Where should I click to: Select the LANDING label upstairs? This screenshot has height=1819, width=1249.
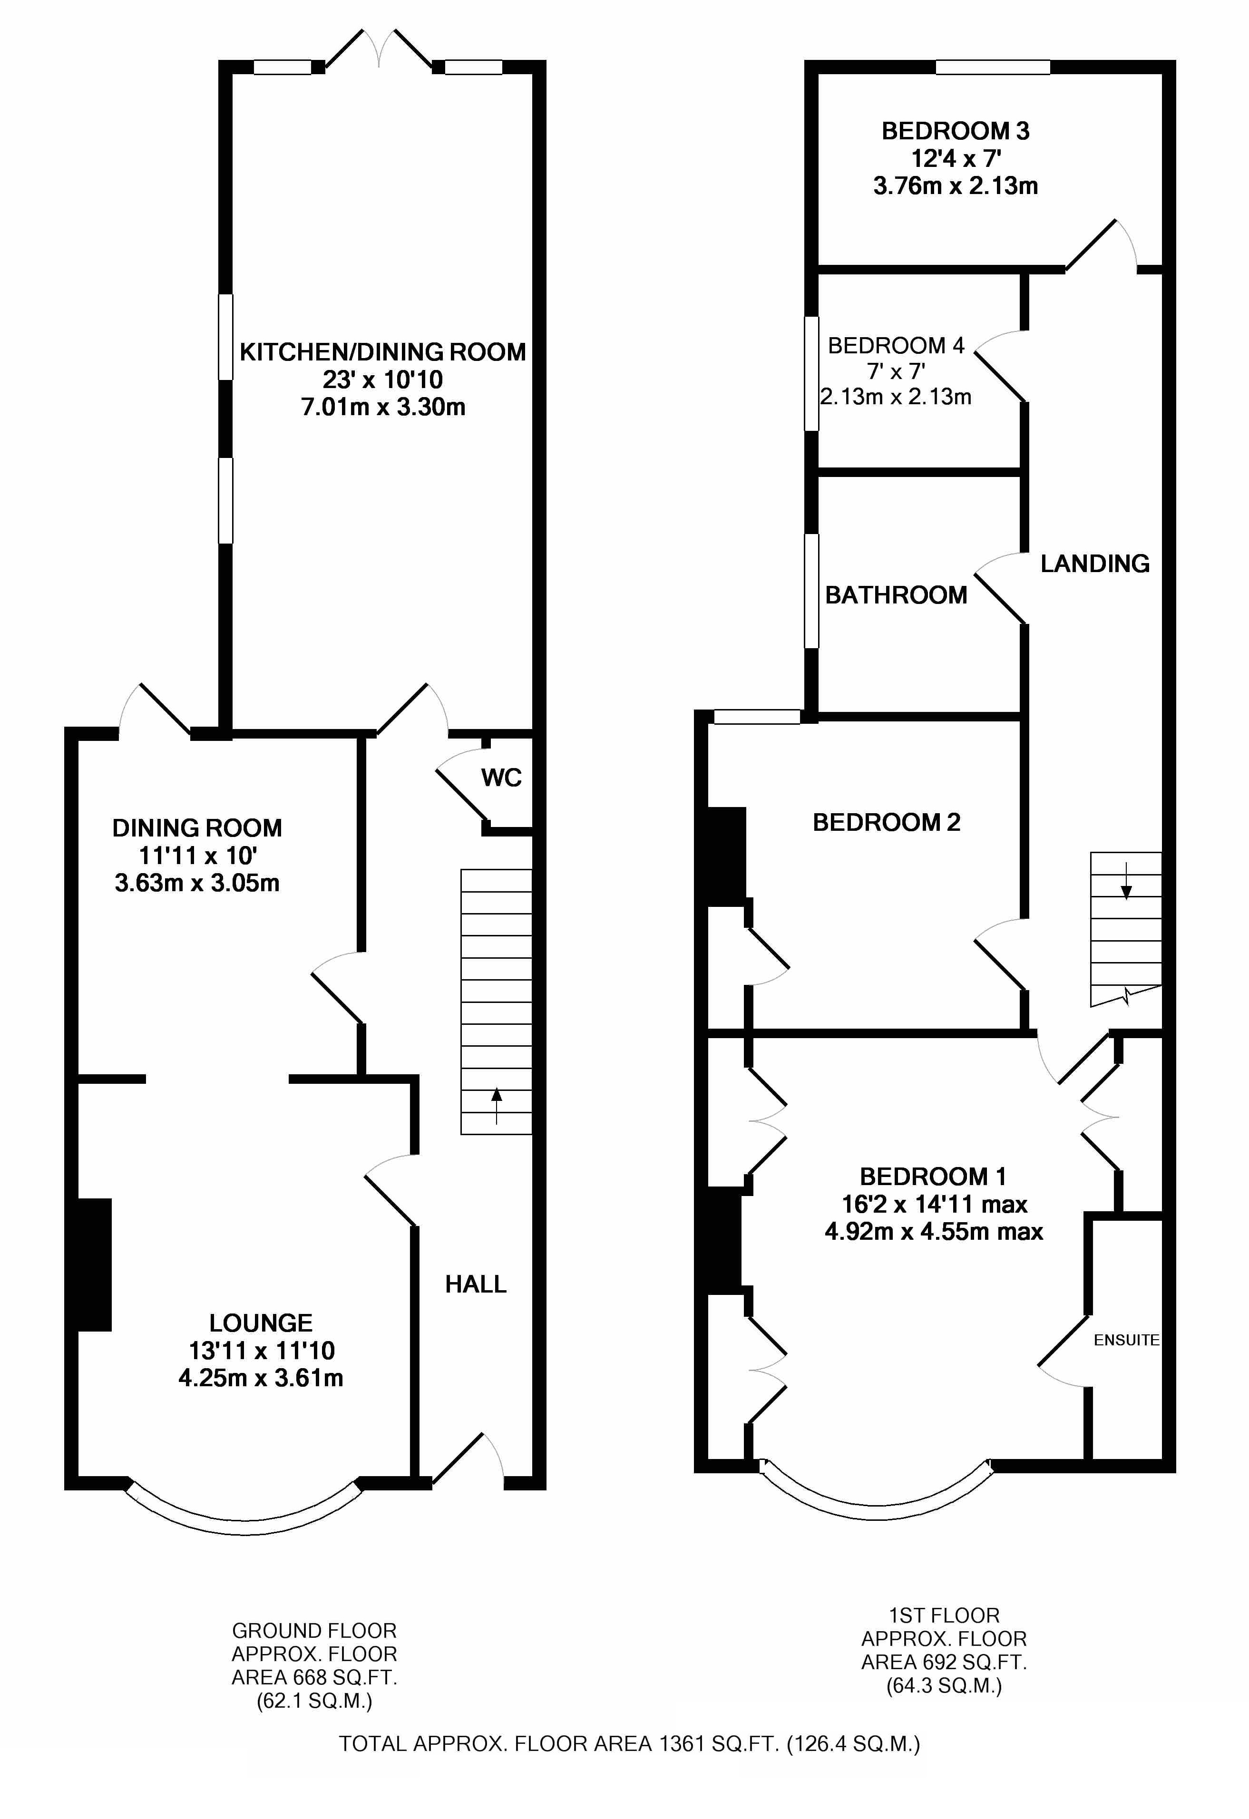[1095, 564]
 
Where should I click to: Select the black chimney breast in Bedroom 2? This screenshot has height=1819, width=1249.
[726, 857]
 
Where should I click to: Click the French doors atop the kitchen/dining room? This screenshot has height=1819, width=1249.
[379, 49]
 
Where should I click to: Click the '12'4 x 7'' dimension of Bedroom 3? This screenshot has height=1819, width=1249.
[956, 159]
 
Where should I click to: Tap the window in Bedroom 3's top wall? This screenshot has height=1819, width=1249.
[993, 68]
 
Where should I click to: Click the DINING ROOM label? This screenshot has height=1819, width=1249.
[197, 828]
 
